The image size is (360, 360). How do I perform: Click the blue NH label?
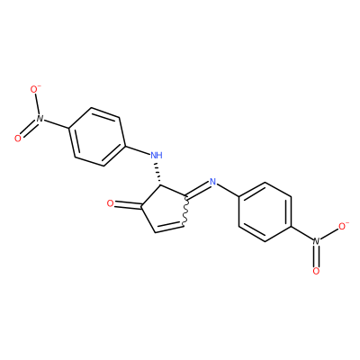click(x=157, y=155)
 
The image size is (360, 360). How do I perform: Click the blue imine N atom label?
click(x=212, y=181)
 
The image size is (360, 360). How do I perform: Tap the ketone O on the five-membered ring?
click(x=111, y=204)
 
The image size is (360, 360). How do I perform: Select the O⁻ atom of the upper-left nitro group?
click(x=35, y=89)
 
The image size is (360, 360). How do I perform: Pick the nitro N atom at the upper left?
click(x=40, y=118)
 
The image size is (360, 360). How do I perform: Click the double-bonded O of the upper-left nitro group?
click(x=18, y=139)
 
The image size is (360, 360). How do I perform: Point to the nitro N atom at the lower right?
click(x=316, y=241)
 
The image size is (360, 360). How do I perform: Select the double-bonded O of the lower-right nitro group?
click(x=316, y=272)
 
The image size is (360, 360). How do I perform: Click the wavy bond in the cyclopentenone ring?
click(x=185, y=211)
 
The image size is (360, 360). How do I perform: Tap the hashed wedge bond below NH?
click(x=157, y=174)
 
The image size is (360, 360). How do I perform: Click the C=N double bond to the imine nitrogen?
click(x=198, y=190)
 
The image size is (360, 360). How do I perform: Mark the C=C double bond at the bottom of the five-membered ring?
click(x=169, y=227)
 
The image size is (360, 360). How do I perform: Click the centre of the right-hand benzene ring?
click(x=265, y=211)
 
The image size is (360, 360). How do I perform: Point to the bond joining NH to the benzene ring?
click(x=138, y=150)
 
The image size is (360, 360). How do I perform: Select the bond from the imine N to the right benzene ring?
click(x=228, y=190)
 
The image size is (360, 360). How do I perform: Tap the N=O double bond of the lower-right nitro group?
click(x=316, y=256)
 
